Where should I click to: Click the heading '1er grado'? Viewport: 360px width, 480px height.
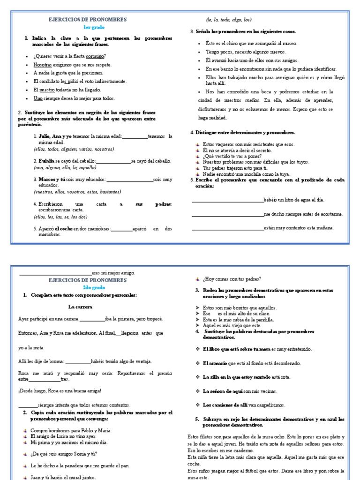pos(88,28)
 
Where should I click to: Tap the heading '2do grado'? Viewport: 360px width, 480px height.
pos(88,287)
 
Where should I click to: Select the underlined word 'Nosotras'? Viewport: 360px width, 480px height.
pos(43,65)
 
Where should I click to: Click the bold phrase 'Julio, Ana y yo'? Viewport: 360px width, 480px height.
pos(55,136)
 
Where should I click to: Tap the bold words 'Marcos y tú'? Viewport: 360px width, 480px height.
pos(52,179)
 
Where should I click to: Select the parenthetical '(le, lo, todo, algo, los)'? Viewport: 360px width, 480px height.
pos(229,20)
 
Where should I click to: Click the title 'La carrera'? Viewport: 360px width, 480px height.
pos(80,307)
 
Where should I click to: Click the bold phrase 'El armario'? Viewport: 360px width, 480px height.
pos(215,363)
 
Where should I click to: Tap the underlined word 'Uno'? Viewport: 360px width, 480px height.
pos(38,98)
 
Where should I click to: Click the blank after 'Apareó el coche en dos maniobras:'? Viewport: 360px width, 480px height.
pos(122,229)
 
